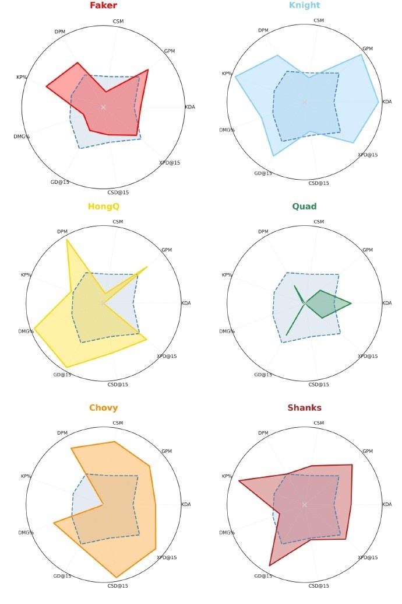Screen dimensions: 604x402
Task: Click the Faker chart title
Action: (103, 6)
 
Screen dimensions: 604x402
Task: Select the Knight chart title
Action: (304, 6)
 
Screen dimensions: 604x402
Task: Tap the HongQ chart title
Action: (103, 207)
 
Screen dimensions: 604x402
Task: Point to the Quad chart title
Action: (304, 207)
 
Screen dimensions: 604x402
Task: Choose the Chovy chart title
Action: (103, 408)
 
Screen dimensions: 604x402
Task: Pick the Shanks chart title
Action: (304, 408)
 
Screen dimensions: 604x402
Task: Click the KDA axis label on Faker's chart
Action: (190, 107)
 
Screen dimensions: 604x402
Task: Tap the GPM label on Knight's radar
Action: (368, 48)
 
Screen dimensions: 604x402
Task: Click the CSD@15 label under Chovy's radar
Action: (118, 585)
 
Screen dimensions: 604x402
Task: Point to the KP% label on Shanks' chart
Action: (227, 476)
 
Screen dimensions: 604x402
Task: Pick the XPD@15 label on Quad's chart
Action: (368, 356)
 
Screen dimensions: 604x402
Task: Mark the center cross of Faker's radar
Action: (103, 107)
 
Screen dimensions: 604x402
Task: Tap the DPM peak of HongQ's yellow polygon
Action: (68, 240)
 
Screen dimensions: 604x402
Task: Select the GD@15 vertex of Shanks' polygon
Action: (270, 565)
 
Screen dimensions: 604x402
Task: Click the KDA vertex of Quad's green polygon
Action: (351, 303)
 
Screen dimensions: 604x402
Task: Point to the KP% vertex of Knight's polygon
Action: (235, 76)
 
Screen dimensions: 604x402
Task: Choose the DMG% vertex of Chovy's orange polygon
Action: (54, 523)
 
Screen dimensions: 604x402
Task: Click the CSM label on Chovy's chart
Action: (118, 423)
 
